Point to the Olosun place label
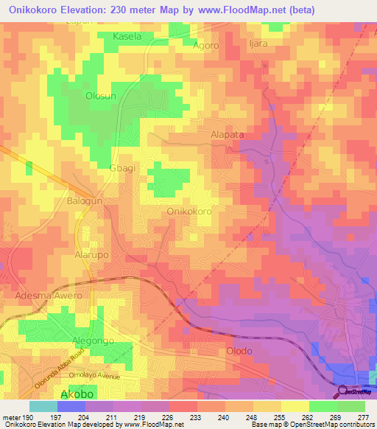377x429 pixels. [101, 96]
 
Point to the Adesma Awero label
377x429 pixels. [49, 296]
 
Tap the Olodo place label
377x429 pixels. [240, 351]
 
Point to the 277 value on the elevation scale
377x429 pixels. [362, 416]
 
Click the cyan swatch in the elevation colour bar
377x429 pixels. [43, 406]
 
